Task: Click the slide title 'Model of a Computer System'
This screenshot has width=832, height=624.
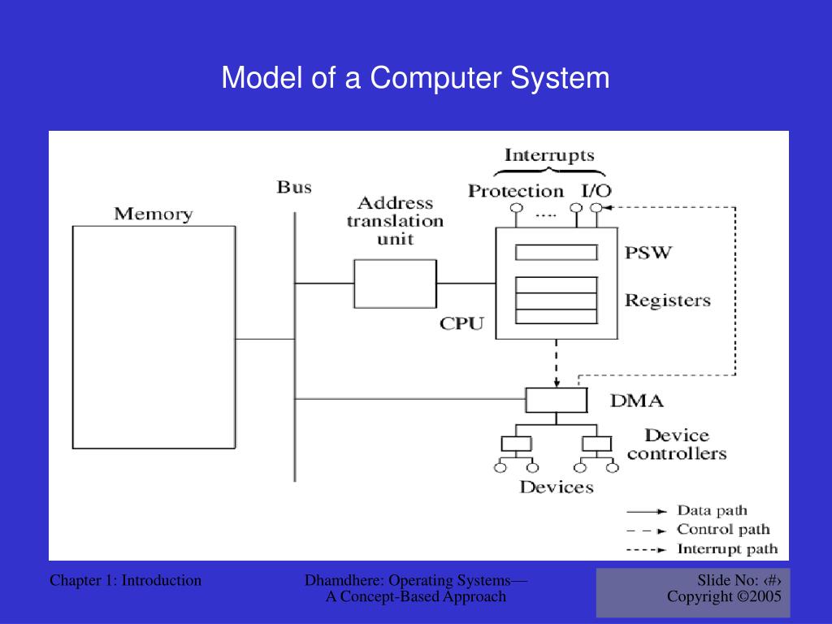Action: [x=415, y=79]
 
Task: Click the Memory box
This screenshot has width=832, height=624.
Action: [x=154, y=336]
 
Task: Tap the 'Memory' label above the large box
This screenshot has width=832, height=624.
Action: [x=153, y=214]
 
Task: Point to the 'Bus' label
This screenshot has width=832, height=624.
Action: [x=294, y=188]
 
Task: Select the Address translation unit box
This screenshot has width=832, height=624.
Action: [x=395, y=283]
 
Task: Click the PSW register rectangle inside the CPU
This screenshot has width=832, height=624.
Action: [x=557, y=253]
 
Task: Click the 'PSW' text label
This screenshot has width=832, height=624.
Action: [x=648, y=253]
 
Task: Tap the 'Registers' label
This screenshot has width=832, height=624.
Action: [x=667, y=301]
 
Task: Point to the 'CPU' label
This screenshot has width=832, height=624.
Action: [x=461, y=323]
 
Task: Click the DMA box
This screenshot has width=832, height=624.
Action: [x=556, y=400]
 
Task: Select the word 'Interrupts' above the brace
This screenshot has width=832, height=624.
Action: [x=549, y=155]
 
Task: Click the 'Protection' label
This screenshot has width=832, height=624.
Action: [x=516, y=191]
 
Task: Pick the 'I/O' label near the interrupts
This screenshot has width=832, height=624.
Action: [x=596, y=191]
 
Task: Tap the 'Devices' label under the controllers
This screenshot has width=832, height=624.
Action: [x=557, y=487]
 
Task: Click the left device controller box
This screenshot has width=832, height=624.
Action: [x=516, y=444]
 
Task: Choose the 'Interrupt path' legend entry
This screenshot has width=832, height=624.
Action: [x=727, y=549]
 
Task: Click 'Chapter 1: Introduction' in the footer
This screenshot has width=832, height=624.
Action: [x=125, y=580]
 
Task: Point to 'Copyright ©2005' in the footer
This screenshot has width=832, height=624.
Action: [x=724, y=596]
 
